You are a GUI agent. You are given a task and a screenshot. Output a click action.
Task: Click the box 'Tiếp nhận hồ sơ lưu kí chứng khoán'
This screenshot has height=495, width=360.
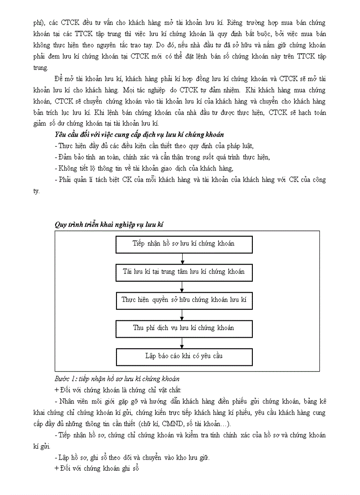click(x=184, y=244)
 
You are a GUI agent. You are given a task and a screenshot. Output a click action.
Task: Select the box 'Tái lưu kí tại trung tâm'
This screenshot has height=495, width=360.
click(x=184, y=272)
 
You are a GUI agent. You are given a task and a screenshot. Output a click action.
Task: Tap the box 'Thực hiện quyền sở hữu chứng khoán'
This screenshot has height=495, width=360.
click(x=184, y=300)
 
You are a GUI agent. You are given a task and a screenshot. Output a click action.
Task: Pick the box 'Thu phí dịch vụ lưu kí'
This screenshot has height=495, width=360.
click(x=184, y=328)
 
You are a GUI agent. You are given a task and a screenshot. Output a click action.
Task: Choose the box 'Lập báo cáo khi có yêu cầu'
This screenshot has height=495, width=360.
click(x=184, y=357)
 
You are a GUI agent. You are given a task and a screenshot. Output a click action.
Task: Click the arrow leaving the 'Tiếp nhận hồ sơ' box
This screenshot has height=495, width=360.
click(x=183, y=258)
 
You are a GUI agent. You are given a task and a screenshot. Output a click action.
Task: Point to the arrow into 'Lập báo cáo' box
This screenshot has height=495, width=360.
click(x=183, y=343)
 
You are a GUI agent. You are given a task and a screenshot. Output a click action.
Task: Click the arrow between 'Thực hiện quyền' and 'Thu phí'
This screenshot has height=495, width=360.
click(x=183, y=315)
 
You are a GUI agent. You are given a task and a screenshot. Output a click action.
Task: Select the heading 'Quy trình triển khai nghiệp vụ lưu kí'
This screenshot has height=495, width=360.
click(x=109, y=224)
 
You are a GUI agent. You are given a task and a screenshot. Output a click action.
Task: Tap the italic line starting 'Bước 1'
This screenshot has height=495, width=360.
click(x=117, y=379)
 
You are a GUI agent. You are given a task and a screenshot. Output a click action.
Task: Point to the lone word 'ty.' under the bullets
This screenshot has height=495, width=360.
click(x=37, y=191)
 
